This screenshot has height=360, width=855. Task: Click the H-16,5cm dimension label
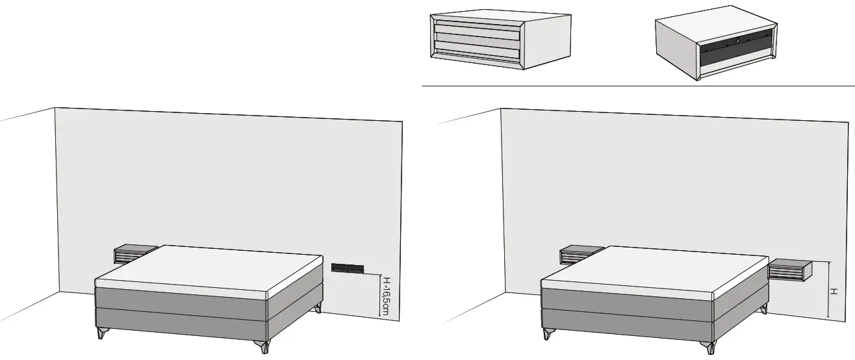coord(386,296)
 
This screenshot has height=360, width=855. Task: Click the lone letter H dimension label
coord(832,292)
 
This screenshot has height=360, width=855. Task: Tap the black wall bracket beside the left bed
coord(350,267)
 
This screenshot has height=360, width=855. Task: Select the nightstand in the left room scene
coord(134,253)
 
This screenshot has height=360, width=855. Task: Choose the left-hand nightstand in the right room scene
coord(580,254)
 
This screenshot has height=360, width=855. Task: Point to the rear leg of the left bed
coord(317,308)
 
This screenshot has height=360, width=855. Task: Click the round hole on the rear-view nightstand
coord(736,41)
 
